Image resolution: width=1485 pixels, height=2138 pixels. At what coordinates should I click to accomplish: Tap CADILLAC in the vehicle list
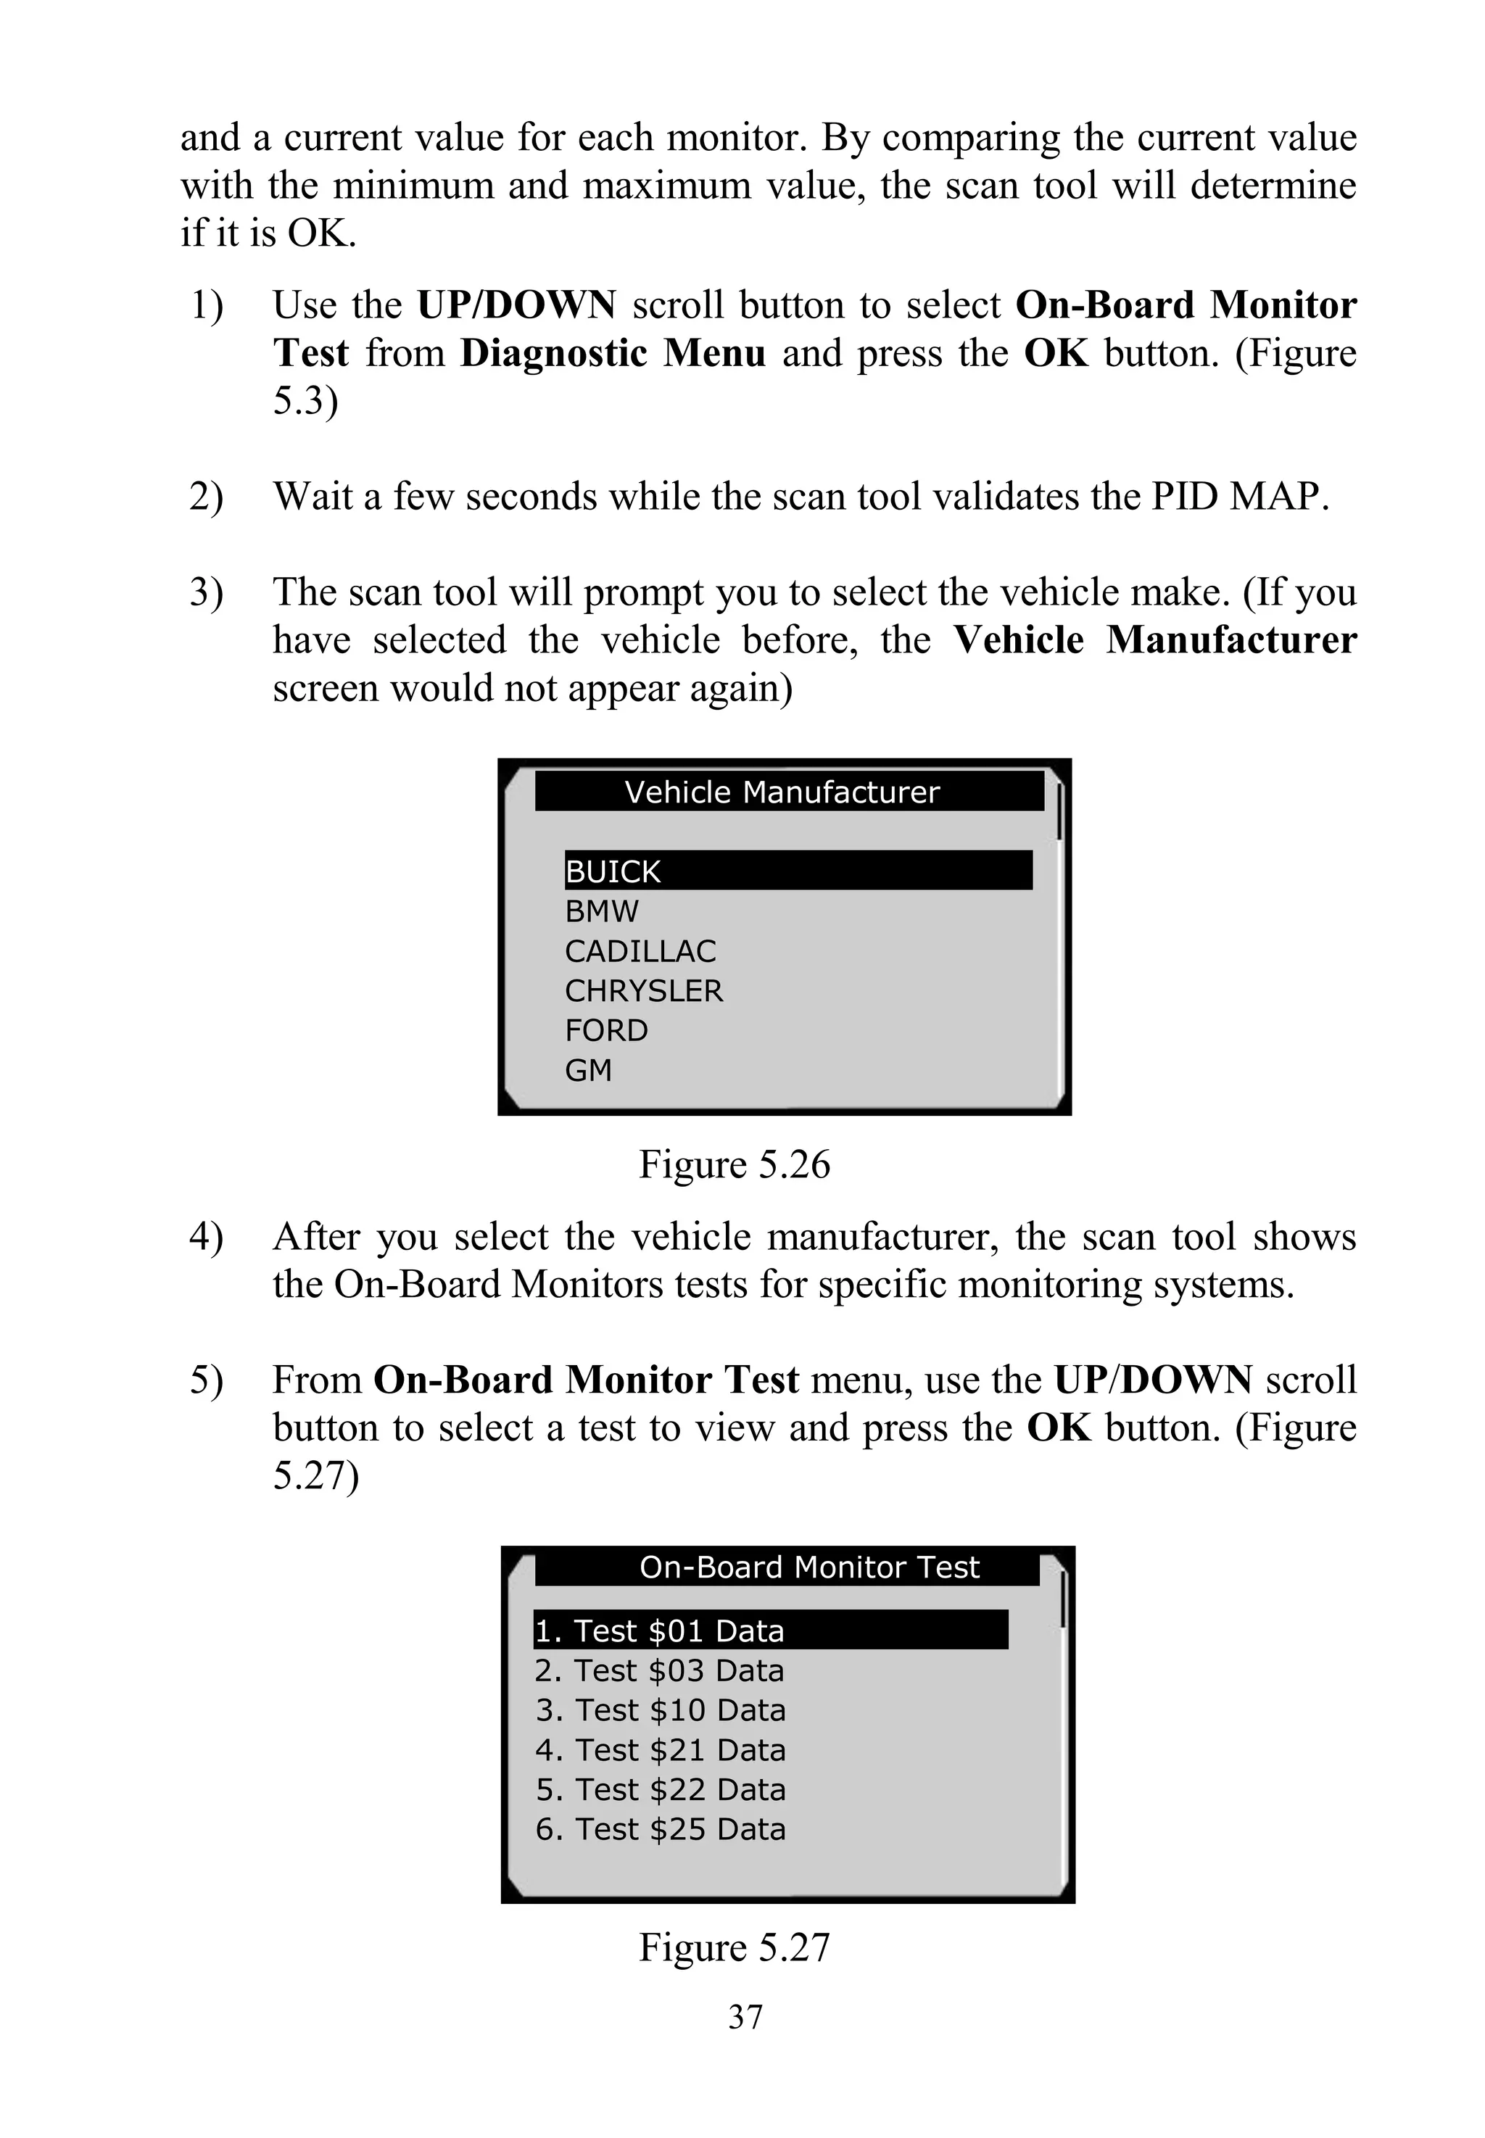[640, 952]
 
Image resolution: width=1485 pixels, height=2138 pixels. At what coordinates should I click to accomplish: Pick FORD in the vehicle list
[605, 1031]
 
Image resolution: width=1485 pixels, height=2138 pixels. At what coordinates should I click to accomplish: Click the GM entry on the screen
[588, 1071]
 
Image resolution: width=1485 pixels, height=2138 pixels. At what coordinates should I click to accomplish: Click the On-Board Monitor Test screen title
[808, 1567]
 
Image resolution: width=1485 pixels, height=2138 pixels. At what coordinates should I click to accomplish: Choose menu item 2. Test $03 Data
[660, 1671]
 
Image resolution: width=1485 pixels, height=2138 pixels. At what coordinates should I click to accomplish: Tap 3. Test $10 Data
[660, 1710]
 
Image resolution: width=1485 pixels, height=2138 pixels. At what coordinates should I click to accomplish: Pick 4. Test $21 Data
[660, 1750]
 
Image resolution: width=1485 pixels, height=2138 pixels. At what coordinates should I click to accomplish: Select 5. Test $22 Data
[660, 1790]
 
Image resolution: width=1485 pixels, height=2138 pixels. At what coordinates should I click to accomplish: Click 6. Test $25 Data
[660, 1830]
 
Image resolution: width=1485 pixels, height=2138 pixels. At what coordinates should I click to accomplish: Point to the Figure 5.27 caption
[734, 1947]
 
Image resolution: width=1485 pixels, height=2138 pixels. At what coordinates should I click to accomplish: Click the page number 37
[745, 2017]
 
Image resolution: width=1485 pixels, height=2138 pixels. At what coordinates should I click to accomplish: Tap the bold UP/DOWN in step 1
[516, 305]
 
